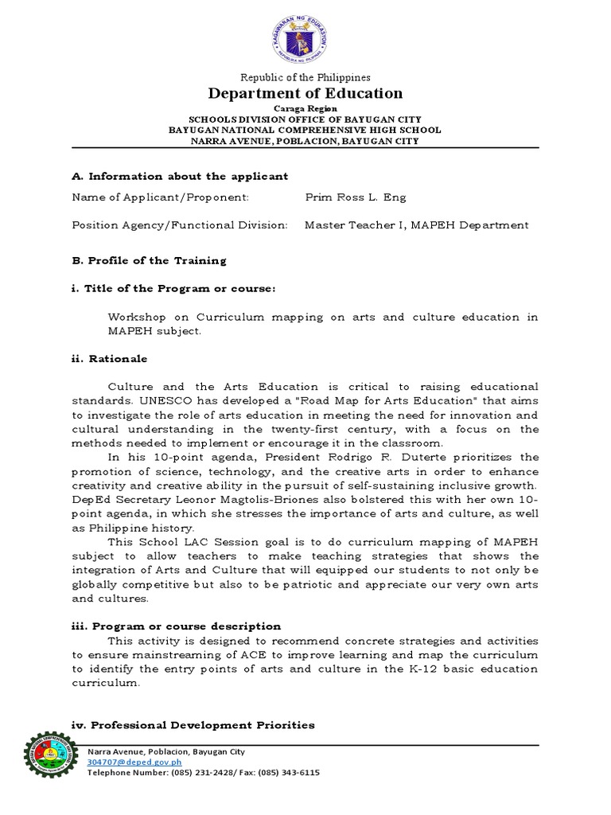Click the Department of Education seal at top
click(x=305, y=37)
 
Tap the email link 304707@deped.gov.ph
click(x=126, y=762)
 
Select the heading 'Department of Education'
click(x=305, y=93)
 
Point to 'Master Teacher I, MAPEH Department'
click(x=416, y=225)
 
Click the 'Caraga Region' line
click(x=305, y=107)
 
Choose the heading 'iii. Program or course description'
click(x=176, y=626)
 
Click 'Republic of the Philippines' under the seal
click(x=305, y=77)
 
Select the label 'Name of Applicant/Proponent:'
click(x=160, y=197)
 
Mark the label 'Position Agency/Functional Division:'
click(x=180, y=225)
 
